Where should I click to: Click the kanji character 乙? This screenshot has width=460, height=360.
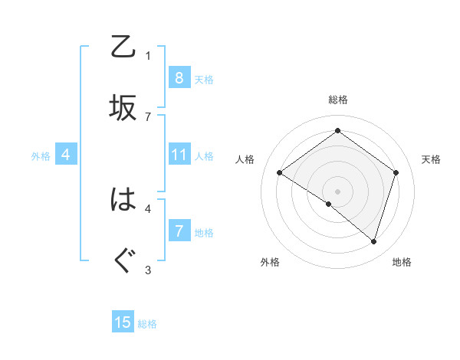pos(123,48)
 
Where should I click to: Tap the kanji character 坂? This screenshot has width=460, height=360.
pos(123,108)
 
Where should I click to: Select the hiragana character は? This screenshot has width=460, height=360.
pos(123,201)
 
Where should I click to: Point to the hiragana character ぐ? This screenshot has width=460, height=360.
pos(123,260)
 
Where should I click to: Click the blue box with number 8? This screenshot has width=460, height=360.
pos(179,78)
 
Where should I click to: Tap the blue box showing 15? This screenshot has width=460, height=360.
pos(123,322)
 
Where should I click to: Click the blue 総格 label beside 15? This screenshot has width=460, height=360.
pos(147,324)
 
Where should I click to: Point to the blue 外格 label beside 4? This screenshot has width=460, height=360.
pos(41,156)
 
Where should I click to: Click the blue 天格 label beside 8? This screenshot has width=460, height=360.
pos(204,80)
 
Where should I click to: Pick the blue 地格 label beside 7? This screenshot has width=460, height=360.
pos(204,233)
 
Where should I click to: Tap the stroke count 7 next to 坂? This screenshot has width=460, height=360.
pos(148,116)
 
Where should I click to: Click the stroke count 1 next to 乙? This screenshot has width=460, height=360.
pos(148,55)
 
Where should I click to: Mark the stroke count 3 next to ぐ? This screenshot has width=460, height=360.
pos(148,269)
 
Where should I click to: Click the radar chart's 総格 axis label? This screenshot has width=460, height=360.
pos(337,100)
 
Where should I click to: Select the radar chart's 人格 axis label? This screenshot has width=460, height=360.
pos(245,159)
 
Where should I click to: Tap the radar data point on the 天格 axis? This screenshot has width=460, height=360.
pos(396,172)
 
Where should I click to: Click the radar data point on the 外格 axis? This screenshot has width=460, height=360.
pos(329,205)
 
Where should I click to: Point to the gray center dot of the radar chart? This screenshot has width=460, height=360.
pos(337,191)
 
